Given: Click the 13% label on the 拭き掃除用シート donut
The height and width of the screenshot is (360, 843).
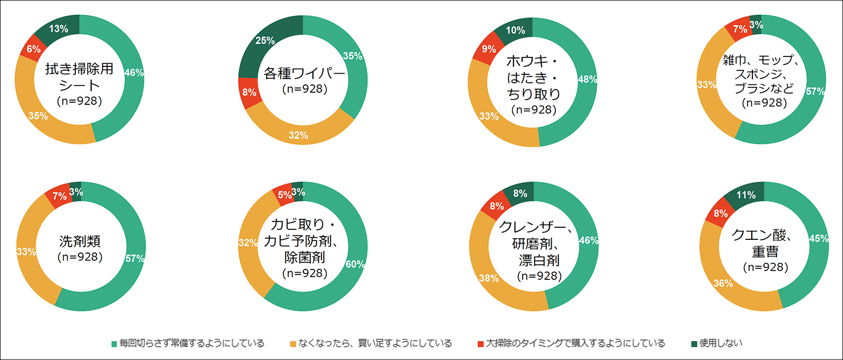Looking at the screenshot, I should (58, 29).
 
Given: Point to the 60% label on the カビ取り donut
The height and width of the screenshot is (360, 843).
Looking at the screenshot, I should (355, 264).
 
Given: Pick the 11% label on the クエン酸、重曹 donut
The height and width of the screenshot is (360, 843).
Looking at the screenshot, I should (746, 195).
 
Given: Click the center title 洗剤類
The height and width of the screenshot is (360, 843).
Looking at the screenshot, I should (80, 241).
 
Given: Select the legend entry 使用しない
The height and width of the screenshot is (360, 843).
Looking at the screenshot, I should (720, 343).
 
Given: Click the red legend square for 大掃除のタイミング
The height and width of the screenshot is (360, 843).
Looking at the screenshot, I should (481, 344).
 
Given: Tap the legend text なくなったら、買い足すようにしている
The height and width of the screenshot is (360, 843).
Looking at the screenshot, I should (375, 343).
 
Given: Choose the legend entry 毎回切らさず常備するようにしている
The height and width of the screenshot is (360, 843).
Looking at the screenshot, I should (192, 343).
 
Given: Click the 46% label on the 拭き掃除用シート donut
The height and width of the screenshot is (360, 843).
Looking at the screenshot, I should (134, 73).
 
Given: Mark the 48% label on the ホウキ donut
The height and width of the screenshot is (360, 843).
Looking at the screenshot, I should (587, 80).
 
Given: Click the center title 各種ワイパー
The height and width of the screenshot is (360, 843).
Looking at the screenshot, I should (304, 73).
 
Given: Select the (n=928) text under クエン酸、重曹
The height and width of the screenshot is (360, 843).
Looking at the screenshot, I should (765, 267).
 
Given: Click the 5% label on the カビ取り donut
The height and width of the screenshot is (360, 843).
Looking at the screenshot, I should (285, 195).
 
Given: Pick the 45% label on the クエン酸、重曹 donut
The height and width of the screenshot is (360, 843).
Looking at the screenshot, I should (818, 238).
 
